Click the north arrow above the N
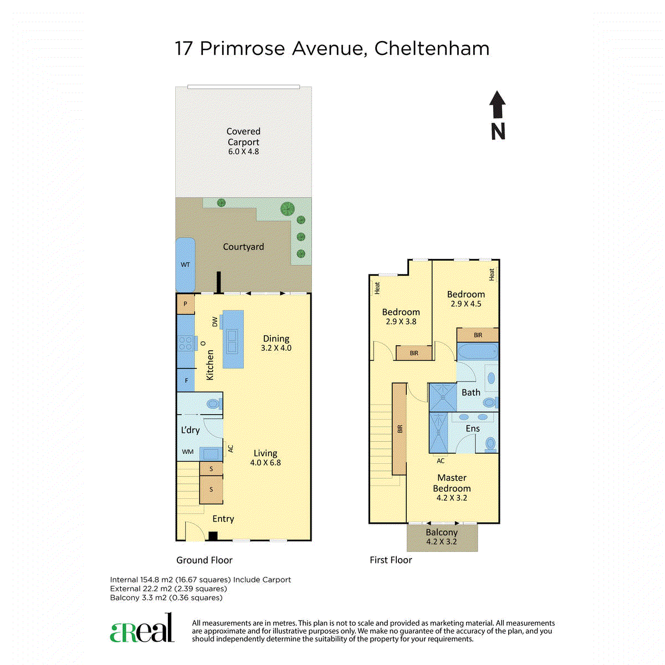coord(497,105)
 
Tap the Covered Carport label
coord(243,137)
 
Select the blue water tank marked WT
coord(185,265)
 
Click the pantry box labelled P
coord(185,304)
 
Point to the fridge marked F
coord(186,380)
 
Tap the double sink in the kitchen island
coord(232,342)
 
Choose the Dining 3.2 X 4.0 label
coord(276,343)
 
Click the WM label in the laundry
coord(188,452)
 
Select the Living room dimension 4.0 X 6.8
coord(265,462)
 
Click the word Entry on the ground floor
coord(223,519)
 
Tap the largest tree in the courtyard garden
coord(288,209)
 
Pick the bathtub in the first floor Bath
coord(478,351)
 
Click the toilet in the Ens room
coord(490,444)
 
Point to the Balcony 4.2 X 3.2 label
coord(441,536)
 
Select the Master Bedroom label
coord(452,483)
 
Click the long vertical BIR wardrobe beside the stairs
coord(399,428)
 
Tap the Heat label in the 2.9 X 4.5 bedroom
coord(492,274)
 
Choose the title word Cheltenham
coord(432,48)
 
